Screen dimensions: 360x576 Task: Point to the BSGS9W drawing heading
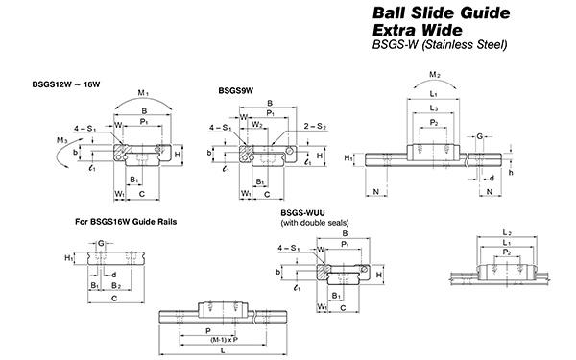236,91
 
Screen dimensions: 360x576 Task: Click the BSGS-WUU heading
303,213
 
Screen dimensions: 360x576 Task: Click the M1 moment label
144,92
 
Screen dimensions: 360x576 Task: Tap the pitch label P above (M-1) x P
208,327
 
